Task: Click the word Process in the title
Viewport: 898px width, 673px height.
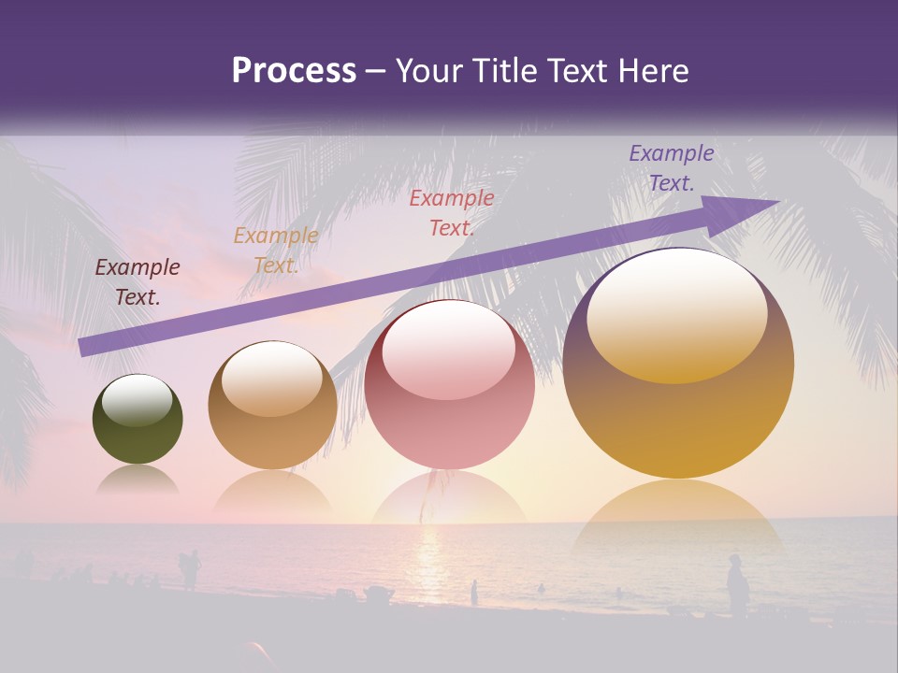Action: click(x=294, y=71)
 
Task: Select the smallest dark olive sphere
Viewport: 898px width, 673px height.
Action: click(x=138, y=419)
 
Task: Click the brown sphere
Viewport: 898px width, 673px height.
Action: click(x=272, y=405)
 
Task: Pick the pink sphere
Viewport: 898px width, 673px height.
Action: click(x=449, y=385)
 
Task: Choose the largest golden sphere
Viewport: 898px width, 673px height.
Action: click(x=678, y=364)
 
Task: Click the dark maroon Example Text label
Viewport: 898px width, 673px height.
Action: click(x=138, y=282)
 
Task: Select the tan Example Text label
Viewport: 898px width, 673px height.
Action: click(x=276, y=251)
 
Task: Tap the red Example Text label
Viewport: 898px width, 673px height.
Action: click(x=452, y=212)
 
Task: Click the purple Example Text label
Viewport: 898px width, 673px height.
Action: click(x=671, y=168)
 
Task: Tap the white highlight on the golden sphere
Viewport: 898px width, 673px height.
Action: click(x=676, y=315)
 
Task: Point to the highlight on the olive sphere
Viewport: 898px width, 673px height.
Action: click(x=138, y=398)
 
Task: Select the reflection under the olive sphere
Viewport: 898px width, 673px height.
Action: click(x=138, y=480)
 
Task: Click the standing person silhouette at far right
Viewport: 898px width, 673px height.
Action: click(x=737, y=586)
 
